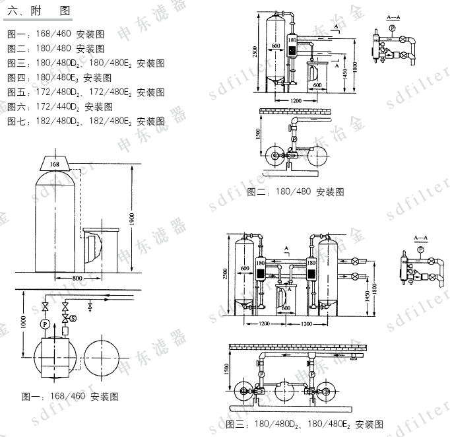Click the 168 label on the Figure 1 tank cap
pyautogui.click(x=54, y=163)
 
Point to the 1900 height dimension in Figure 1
pyautogui.click(x=132, y=218)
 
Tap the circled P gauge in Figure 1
pyautogui.click(x=45, y=325)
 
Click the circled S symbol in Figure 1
pyautogui.click(x=73, y=319)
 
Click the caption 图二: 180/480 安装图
pyautogui.click(x=296, y=191)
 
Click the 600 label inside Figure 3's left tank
pyautogui.click(x=244, y=269)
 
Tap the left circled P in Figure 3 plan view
pyautogui.click(x=261, y=373)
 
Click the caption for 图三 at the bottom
pyautogui.click(x=304, y=423)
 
